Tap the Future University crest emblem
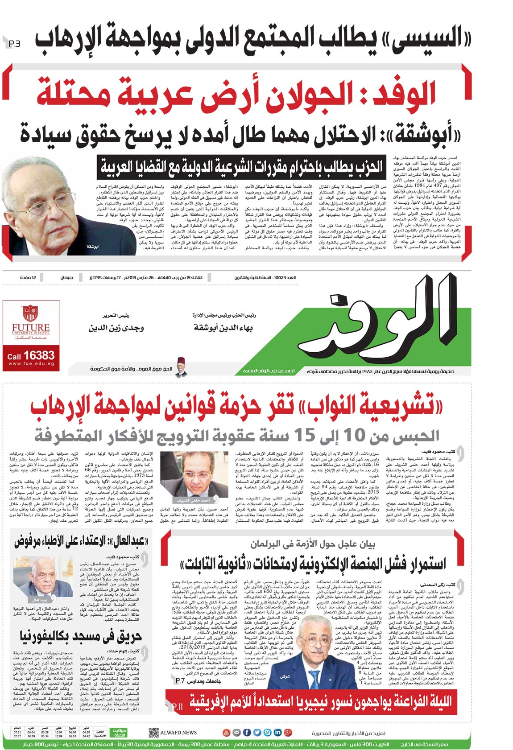[x=30, y=315]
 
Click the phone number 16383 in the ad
[x=39, y=355]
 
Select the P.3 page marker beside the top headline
[x=14, y=44]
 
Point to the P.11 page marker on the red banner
[x=177, y=707]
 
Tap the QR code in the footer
[x=153, y=733]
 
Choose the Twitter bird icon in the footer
[x=257, y=733]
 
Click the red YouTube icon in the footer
[x=227, y=733]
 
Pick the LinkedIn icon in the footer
[x=277, y=733]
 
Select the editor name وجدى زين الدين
[x=116, y=328]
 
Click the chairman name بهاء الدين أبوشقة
[x=223, y=328]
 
